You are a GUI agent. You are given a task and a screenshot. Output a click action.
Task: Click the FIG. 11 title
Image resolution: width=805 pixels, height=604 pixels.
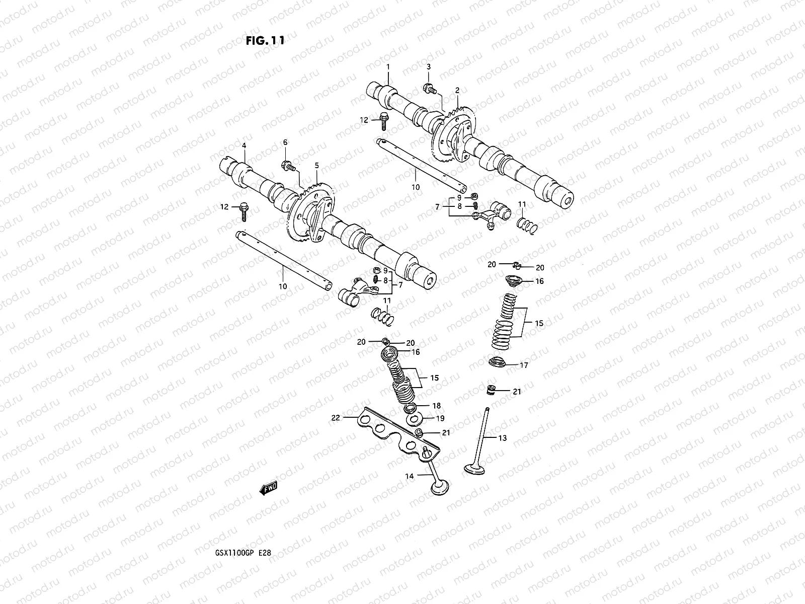265,41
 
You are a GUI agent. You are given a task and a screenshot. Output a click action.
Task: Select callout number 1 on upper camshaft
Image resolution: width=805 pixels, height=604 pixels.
388,67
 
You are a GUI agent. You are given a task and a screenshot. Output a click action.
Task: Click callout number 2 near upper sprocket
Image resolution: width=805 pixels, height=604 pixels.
457,91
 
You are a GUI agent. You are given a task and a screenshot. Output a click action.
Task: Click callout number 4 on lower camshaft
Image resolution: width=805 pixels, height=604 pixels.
244,145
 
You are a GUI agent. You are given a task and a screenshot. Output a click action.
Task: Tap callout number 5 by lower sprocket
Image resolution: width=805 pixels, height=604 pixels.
317,165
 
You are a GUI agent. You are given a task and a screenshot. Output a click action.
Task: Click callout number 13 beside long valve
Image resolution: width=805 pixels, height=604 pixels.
502,438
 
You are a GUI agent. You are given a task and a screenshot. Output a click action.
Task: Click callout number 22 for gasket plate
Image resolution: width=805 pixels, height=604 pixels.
336,417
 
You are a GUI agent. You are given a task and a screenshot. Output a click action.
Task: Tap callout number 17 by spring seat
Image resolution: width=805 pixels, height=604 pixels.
524,365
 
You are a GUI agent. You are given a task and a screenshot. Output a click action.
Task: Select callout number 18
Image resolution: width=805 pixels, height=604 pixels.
436,406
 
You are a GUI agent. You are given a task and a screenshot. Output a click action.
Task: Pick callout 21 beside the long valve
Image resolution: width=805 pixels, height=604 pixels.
517,391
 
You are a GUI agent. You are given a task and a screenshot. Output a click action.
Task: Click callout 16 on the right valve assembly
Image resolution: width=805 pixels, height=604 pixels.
539,281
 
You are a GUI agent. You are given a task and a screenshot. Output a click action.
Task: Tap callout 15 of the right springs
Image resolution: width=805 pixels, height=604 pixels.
539,324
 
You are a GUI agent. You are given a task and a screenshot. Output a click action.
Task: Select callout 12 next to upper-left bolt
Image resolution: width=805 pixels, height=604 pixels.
364,120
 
